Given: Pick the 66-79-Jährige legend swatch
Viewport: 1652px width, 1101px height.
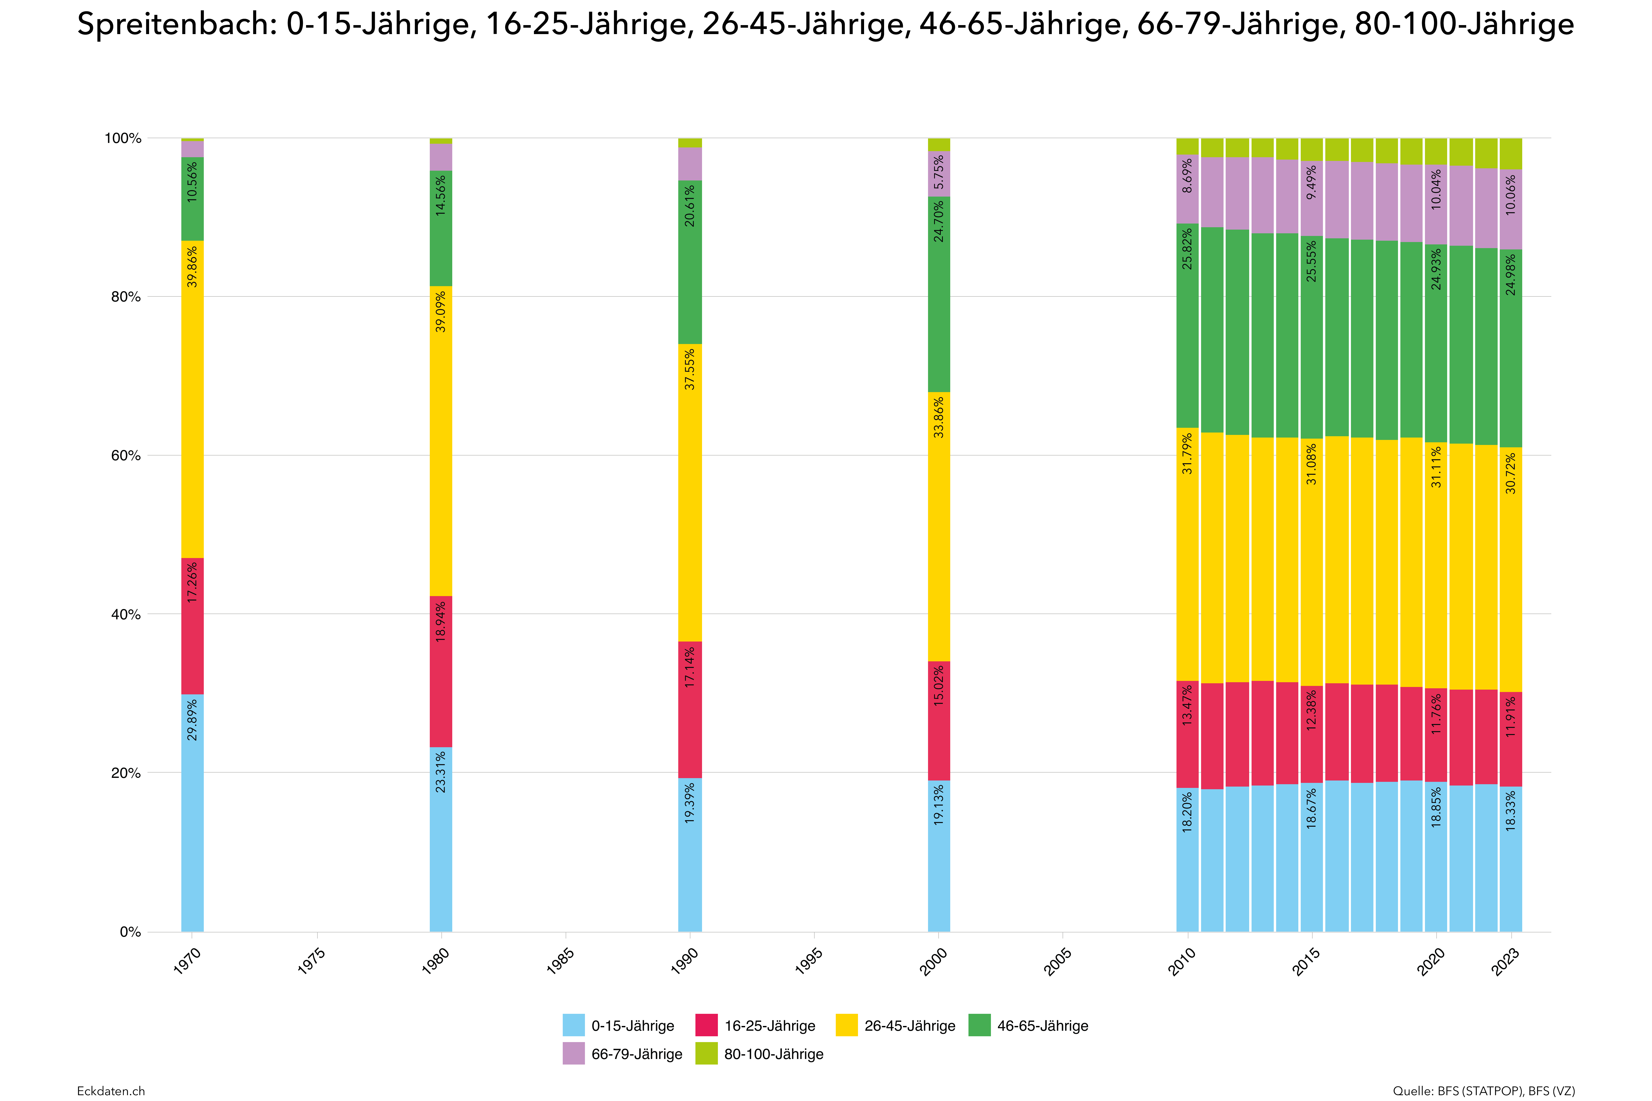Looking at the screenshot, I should pos(573,1054).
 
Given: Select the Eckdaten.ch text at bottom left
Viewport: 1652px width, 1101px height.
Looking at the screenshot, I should pos(111,1090).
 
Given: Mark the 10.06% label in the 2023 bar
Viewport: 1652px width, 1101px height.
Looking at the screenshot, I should pos(1511,194).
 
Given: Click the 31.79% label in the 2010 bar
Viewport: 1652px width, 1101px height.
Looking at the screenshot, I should pos(1187,454).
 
